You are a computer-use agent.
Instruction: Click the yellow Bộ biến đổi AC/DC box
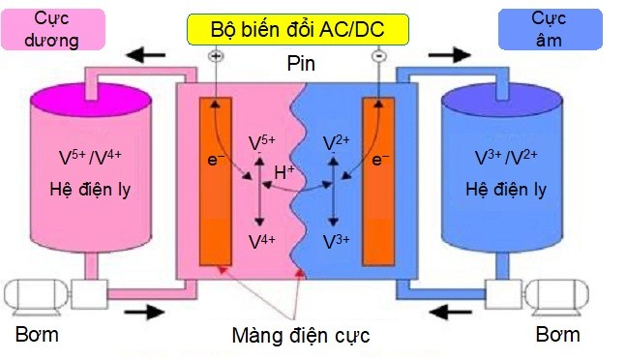(x=297, y=29)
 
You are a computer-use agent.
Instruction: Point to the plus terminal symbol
(x=215, y=57)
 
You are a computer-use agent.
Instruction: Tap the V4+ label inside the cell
(x=260, y=241)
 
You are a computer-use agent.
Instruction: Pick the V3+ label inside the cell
(x=334, y=241)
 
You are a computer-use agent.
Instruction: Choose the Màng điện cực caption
(x=301, y=336)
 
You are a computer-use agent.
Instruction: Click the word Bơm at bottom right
(x=557, y=335)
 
